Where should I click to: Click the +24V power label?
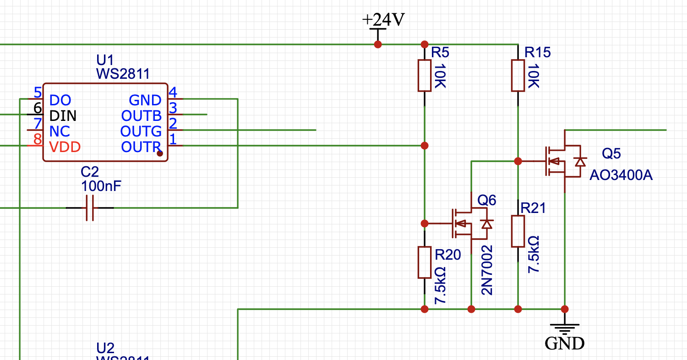(383, 19)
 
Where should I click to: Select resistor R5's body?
(425, 75)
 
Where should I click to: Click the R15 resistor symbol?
(518, 75)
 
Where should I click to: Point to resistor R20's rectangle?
(425, 262)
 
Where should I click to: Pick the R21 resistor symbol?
(518, 231)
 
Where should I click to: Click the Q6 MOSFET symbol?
(469, 224)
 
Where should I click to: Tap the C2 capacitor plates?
(90, 208)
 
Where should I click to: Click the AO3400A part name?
(621, 175)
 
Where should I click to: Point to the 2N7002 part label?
(487, 270)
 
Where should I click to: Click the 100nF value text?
(101, 186)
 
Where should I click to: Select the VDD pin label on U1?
(65, 147)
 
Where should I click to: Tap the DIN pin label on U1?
(63, 115)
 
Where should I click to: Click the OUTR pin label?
(141, 147)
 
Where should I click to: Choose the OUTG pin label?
(141, 131)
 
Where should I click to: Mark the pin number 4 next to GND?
(173, 93)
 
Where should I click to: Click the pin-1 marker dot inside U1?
(160, 154)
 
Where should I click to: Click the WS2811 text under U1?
(123, 74)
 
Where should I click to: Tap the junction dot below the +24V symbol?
(378, 44)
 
